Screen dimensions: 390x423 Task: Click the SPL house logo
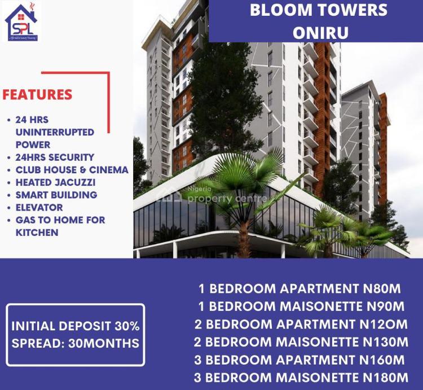21,22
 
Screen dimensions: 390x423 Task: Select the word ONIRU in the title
320,32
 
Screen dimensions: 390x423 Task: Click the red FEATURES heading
37,94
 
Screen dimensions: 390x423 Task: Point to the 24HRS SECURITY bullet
55,157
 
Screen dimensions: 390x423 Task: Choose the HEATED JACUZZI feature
56,182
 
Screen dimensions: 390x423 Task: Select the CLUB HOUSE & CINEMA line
72,169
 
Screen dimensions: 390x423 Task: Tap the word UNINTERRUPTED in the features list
55,132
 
